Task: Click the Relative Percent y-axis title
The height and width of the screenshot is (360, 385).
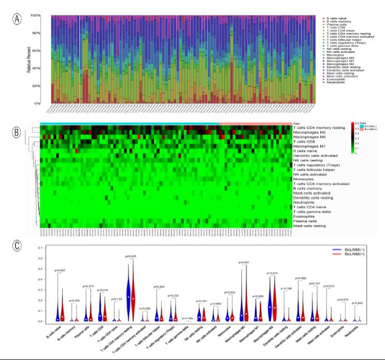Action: click(30, 60)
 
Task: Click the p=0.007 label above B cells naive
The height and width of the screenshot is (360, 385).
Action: click(60, 270)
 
